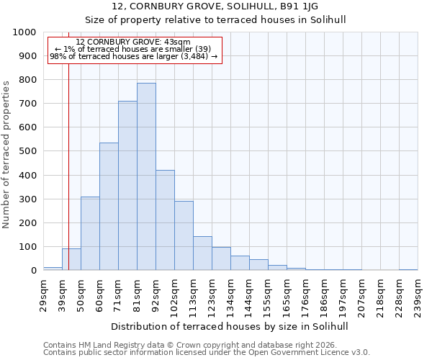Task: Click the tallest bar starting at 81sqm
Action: (x=146, y=176)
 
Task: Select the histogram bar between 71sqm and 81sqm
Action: (x=127, y=186)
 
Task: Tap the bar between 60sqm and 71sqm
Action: (x=109, y=207)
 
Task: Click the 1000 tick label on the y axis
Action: (x=24, y=32)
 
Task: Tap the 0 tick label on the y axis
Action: (x=34, y=271)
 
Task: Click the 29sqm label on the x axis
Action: (x=44, y=292)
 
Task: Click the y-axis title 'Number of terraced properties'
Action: (x=6, y=154)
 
